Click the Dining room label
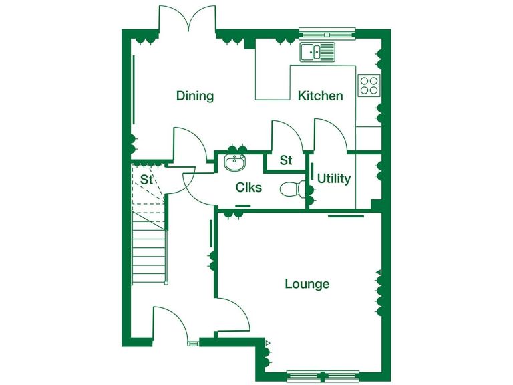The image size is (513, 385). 195,96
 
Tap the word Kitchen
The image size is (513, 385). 320,96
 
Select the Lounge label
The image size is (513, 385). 307,284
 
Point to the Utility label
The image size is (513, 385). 333,178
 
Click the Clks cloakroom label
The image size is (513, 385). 248,188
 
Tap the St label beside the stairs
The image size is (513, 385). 147,180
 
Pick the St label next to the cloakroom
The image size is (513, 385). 286,160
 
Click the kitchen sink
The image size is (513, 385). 317,51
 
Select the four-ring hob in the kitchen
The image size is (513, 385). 369,84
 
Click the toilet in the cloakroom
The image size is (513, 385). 292,190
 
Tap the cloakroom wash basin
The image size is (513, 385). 235,162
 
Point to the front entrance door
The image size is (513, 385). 170,324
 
